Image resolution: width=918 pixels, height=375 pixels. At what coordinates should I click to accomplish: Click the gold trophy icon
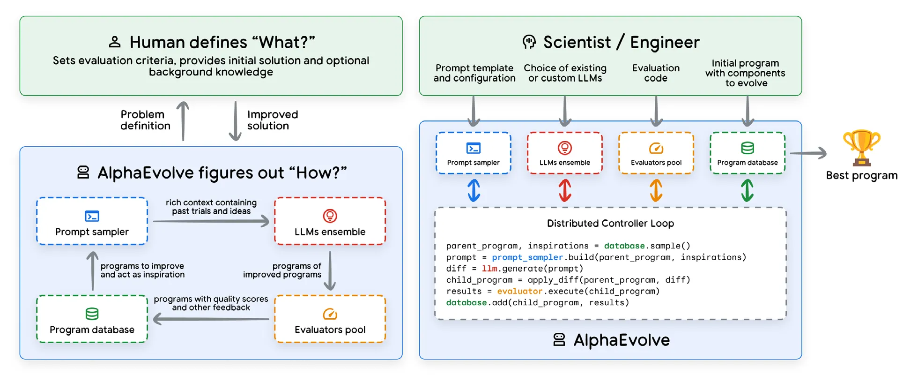click(x=861, y=148)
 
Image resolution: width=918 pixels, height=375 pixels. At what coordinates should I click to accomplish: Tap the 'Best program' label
click(x=861, y=175)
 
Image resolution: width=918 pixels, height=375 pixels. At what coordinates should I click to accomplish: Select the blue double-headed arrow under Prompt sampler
click(x=474, y=190)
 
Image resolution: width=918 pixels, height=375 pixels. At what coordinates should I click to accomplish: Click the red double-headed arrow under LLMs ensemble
click(x=565, y=190)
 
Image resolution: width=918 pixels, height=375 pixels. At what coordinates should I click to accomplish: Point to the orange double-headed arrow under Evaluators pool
click(x=656, y=190)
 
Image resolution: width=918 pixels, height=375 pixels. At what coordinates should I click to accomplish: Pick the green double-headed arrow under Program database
click(x=747, y=190)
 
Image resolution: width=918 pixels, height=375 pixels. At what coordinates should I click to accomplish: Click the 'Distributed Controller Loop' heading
click(x=610, y=224)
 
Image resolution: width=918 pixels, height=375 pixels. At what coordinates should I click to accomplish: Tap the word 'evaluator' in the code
click(x=519, y=291)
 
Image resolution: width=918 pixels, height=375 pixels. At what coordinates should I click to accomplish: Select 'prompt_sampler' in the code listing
click(x=527, y=257)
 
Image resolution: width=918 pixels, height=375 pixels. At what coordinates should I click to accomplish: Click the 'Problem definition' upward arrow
click(x=183, y=121)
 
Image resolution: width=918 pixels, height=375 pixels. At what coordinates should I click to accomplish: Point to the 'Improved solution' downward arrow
click(x=235, y=121)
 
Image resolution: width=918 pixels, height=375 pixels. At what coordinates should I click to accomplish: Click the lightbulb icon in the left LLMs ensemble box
click(x=330, y=216)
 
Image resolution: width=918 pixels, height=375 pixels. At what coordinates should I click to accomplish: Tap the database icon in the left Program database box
click(x=92, y=314)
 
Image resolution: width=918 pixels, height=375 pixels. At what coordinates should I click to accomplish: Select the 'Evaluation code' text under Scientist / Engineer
click(x=656, y=73)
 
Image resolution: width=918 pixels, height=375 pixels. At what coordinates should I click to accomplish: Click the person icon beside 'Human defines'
click(x=114, y=42)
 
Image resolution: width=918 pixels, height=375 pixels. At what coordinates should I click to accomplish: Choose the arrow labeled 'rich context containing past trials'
click(x=211, y=221)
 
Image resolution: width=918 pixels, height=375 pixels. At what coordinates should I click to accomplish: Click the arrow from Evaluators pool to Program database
click(x=211, y=319)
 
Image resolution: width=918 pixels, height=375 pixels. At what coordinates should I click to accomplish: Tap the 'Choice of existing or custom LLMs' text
click(x=565, y=73)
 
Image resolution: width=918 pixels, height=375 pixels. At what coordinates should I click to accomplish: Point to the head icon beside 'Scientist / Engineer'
click(x=529, y=42)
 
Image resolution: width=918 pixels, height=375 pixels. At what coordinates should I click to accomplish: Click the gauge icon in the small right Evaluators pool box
click(x=656, y=149)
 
